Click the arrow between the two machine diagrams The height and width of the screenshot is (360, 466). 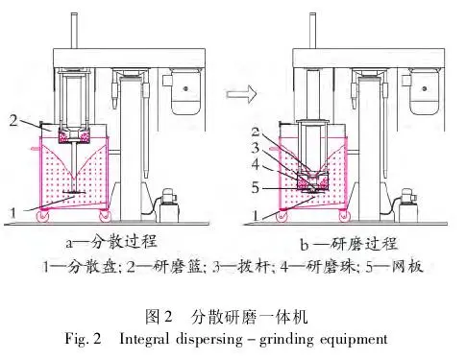pos(241,94)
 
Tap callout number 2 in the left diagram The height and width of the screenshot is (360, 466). pos(13,121)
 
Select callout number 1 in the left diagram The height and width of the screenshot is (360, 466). pos(12,213)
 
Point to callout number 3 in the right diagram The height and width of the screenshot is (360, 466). pos(256,148)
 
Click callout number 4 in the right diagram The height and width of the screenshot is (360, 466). pos(256,164)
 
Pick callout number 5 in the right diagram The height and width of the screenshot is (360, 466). pos(255,187)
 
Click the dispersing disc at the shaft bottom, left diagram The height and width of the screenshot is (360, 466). pos(74,192)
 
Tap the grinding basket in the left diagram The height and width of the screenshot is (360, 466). pos(74,135)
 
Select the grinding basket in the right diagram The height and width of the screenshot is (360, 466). pos(313,181)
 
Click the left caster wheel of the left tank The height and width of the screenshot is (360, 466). pos(43,216)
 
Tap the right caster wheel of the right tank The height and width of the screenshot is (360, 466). pos(344,216)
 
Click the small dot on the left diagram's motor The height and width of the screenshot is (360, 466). pos(185,88)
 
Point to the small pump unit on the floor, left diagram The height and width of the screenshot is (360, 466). pos(168,205)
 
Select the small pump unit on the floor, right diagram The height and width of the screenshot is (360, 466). pos(408,205)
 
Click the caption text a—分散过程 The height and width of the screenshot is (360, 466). pos(111,242)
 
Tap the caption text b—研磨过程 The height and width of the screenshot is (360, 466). pos(349,244)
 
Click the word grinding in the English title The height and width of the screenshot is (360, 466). pos(286,340)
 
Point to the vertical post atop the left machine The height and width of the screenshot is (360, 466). pos(74,31)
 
